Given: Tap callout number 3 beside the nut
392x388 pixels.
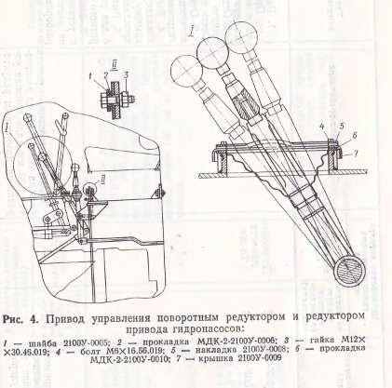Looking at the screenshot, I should point(127,74).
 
